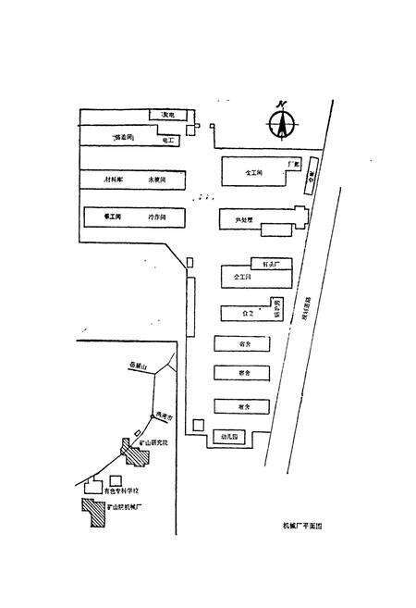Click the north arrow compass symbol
[281, 124]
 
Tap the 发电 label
[169, 115]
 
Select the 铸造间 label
[122, 137]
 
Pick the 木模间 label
[157, 178]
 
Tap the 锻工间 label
[113, 216]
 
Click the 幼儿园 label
[230, 435]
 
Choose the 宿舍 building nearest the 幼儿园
[242, 405]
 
